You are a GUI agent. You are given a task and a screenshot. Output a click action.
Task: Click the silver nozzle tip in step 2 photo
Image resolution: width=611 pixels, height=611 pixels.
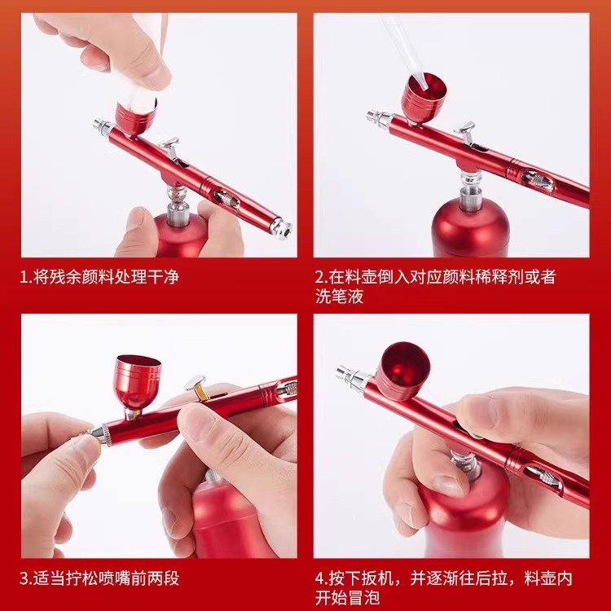pyautogui.click(x=376, y=119)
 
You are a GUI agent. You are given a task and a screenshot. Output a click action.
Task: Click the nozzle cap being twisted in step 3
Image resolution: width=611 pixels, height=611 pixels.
pyautogui.click(x=100, y=436)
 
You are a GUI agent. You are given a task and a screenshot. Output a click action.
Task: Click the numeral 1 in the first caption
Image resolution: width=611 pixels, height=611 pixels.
pyautogui.click(x=25, y=277)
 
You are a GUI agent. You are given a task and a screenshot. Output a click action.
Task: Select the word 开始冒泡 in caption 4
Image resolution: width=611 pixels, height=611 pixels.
pyautogui.click(x=345, y=599)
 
